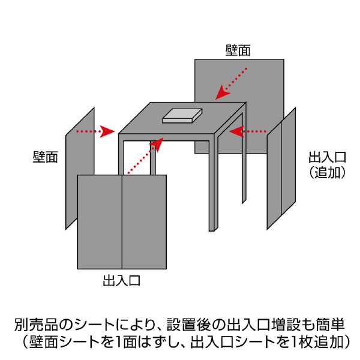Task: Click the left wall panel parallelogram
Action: [x=80, y=168]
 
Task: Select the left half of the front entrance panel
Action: [x=100, y=222]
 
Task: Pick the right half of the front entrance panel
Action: [x=144, y=222]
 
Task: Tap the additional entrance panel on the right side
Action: [x=282, y=171]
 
